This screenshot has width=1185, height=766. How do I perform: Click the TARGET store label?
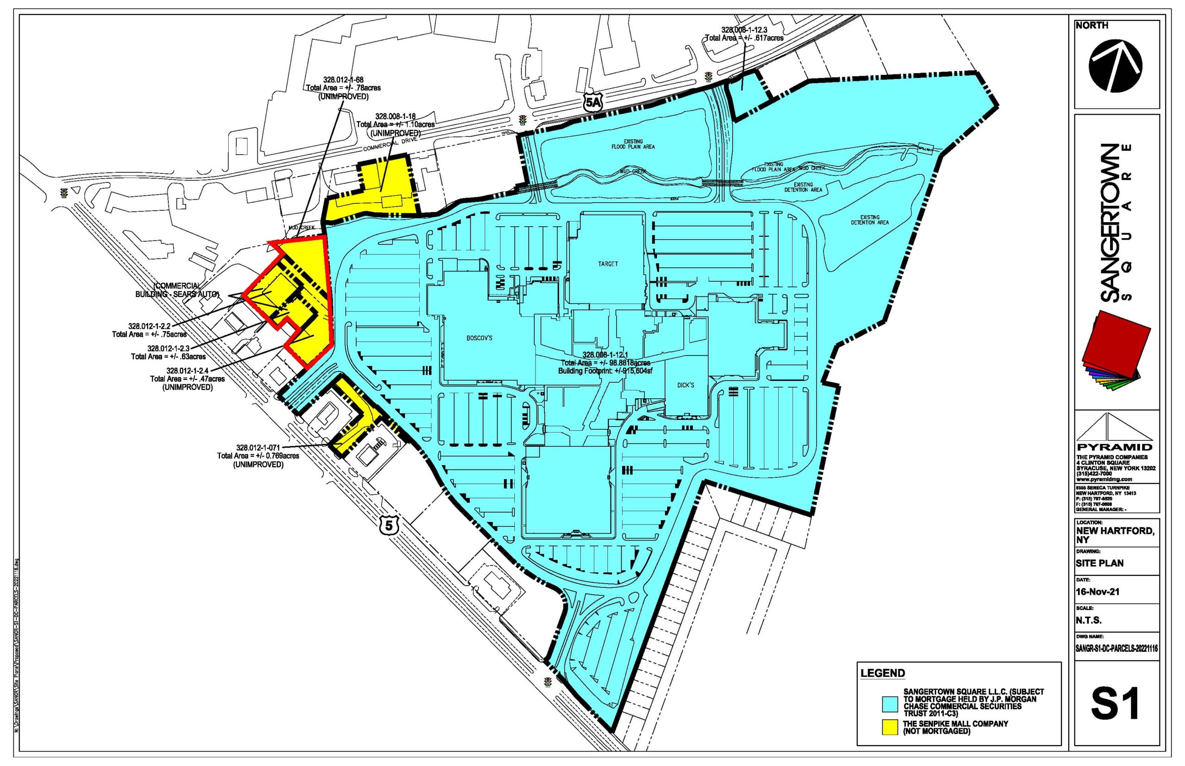point(608,264)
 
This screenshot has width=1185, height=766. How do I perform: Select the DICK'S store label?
point(686,385)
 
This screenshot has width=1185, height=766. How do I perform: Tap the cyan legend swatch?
point(890,704)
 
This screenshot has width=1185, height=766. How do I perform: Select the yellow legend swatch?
point(890,727)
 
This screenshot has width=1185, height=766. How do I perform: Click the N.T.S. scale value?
point(1088,620)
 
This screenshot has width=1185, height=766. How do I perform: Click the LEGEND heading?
point(882,673)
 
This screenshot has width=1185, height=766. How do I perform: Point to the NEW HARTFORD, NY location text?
point(1113,535)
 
